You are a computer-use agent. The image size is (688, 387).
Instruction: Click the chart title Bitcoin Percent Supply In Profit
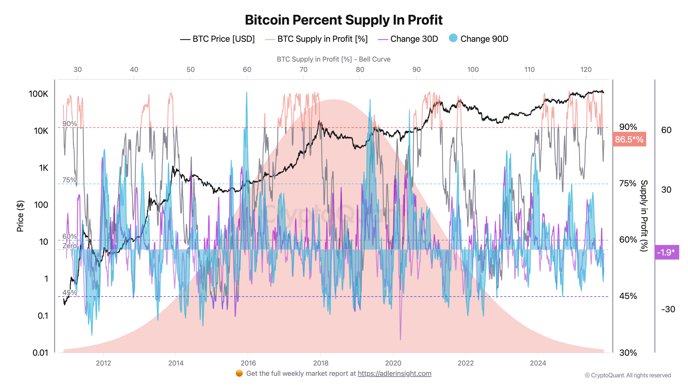pos(344,20)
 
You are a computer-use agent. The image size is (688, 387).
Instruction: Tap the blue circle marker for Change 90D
pos(453,38)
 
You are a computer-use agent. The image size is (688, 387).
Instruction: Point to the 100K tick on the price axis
pos(39,94)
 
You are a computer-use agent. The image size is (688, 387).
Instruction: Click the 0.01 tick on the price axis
pos(40,353)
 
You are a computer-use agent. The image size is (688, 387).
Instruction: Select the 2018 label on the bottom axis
pos(321,363)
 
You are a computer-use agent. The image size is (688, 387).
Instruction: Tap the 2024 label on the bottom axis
pos(538,363)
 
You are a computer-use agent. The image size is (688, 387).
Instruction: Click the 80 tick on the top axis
pos(360,69)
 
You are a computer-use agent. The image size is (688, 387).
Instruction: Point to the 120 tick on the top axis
pos(586,69)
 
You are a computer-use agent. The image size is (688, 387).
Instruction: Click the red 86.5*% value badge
pos(629,139)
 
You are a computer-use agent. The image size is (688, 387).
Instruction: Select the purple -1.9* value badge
pos(666,252)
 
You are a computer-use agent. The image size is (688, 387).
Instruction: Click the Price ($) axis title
pos(20,216)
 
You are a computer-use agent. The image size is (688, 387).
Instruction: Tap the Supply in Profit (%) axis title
pos(644,216)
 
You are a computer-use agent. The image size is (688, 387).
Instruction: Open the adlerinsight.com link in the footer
pos(394,374)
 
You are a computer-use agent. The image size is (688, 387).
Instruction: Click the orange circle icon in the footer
pos(239,374)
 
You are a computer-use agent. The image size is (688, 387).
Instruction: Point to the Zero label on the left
pos(69,246)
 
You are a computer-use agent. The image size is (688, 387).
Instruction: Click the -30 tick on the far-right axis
pos(668,309)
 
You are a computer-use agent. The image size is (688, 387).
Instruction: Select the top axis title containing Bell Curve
pos(333,59)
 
